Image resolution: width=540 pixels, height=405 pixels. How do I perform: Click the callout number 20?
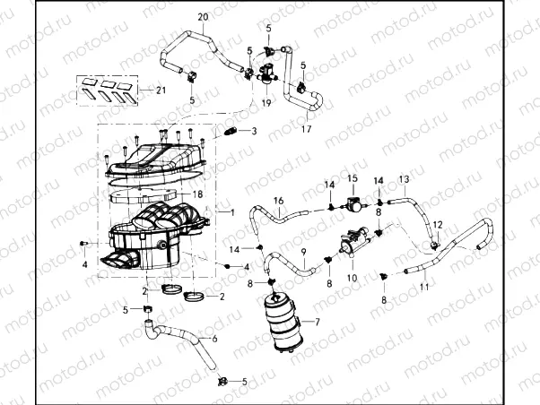202,17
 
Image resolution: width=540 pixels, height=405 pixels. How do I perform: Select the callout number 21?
161,90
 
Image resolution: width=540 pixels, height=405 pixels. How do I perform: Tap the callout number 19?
266,103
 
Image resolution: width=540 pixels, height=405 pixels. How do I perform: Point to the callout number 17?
306,129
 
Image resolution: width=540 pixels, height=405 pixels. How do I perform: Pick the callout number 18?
198,194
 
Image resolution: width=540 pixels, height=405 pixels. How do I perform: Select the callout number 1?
232,213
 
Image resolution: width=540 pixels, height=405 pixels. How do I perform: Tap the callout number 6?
213,339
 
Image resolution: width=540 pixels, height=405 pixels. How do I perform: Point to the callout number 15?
353,179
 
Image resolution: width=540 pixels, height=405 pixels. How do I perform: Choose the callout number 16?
278,200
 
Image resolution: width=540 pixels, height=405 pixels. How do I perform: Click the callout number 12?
439,224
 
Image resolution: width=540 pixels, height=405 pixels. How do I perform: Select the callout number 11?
424,287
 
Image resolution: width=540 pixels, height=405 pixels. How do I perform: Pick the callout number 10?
352,278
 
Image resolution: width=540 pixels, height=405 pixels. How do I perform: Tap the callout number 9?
304,252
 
